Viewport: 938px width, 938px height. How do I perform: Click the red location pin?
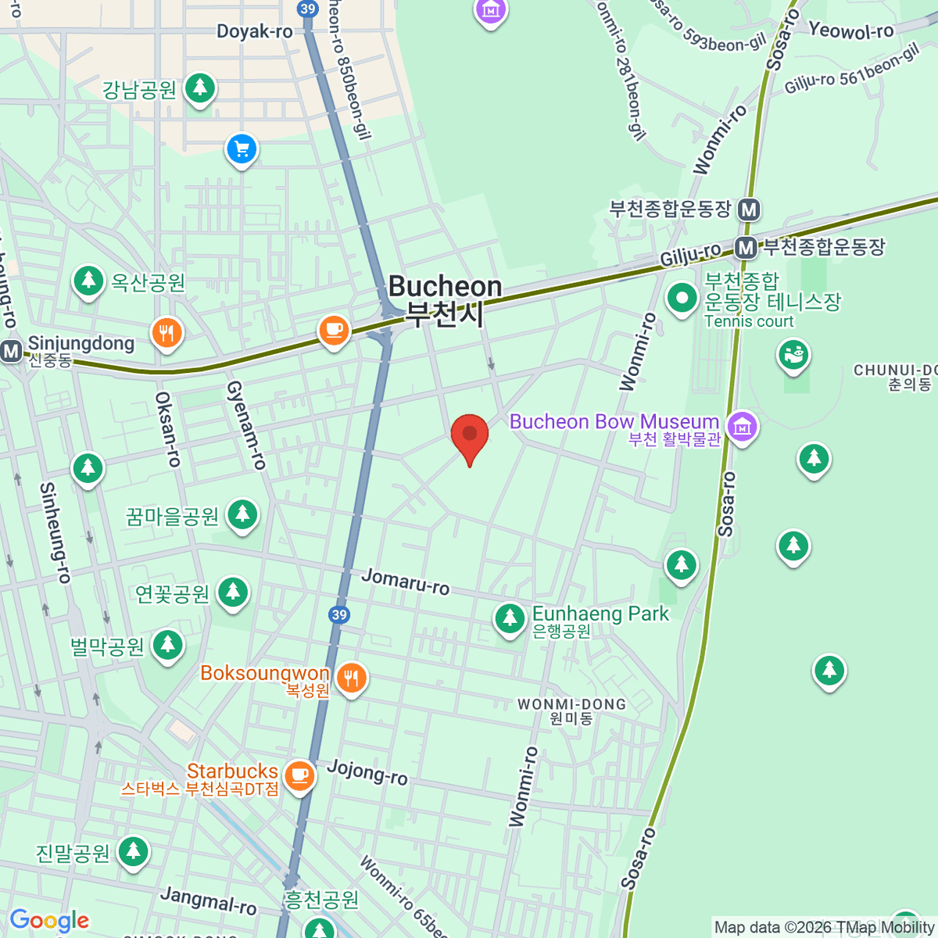pos(470,436)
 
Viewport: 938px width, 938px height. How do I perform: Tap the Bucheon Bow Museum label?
pos(614,422)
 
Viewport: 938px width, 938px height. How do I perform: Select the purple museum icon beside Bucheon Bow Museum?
pos(742,427)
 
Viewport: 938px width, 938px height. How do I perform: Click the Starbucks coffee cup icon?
pos(299,776)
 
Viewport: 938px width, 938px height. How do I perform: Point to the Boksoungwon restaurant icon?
pos(351,678)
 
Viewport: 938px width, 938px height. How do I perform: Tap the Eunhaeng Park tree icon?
pos(510,619)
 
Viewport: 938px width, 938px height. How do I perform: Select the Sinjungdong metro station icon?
pos(11,351)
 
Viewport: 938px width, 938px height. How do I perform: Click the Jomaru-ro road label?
pos(405,582)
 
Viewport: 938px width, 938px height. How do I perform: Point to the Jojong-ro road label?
pos(367,772)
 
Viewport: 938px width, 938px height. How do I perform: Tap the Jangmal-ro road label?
pos(208,900)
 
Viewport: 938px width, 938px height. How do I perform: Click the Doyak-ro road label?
pos(254,31)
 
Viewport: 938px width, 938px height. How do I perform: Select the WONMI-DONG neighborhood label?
pos(571,704)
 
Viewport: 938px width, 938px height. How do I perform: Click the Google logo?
pos(49,920)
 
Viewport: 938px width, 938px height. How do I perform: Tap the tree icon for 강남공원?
pos(200,88)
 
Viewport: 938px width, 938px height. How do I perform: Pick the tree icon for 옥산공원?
pos(88,281)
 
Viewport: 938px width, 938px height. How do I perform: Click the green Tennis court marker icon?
pos(682,298)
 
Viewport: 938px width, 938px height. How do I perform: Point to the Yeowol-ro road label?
pos(850,31)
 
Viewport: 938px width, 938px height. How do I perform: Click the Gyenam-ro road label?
pos(246,425)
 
